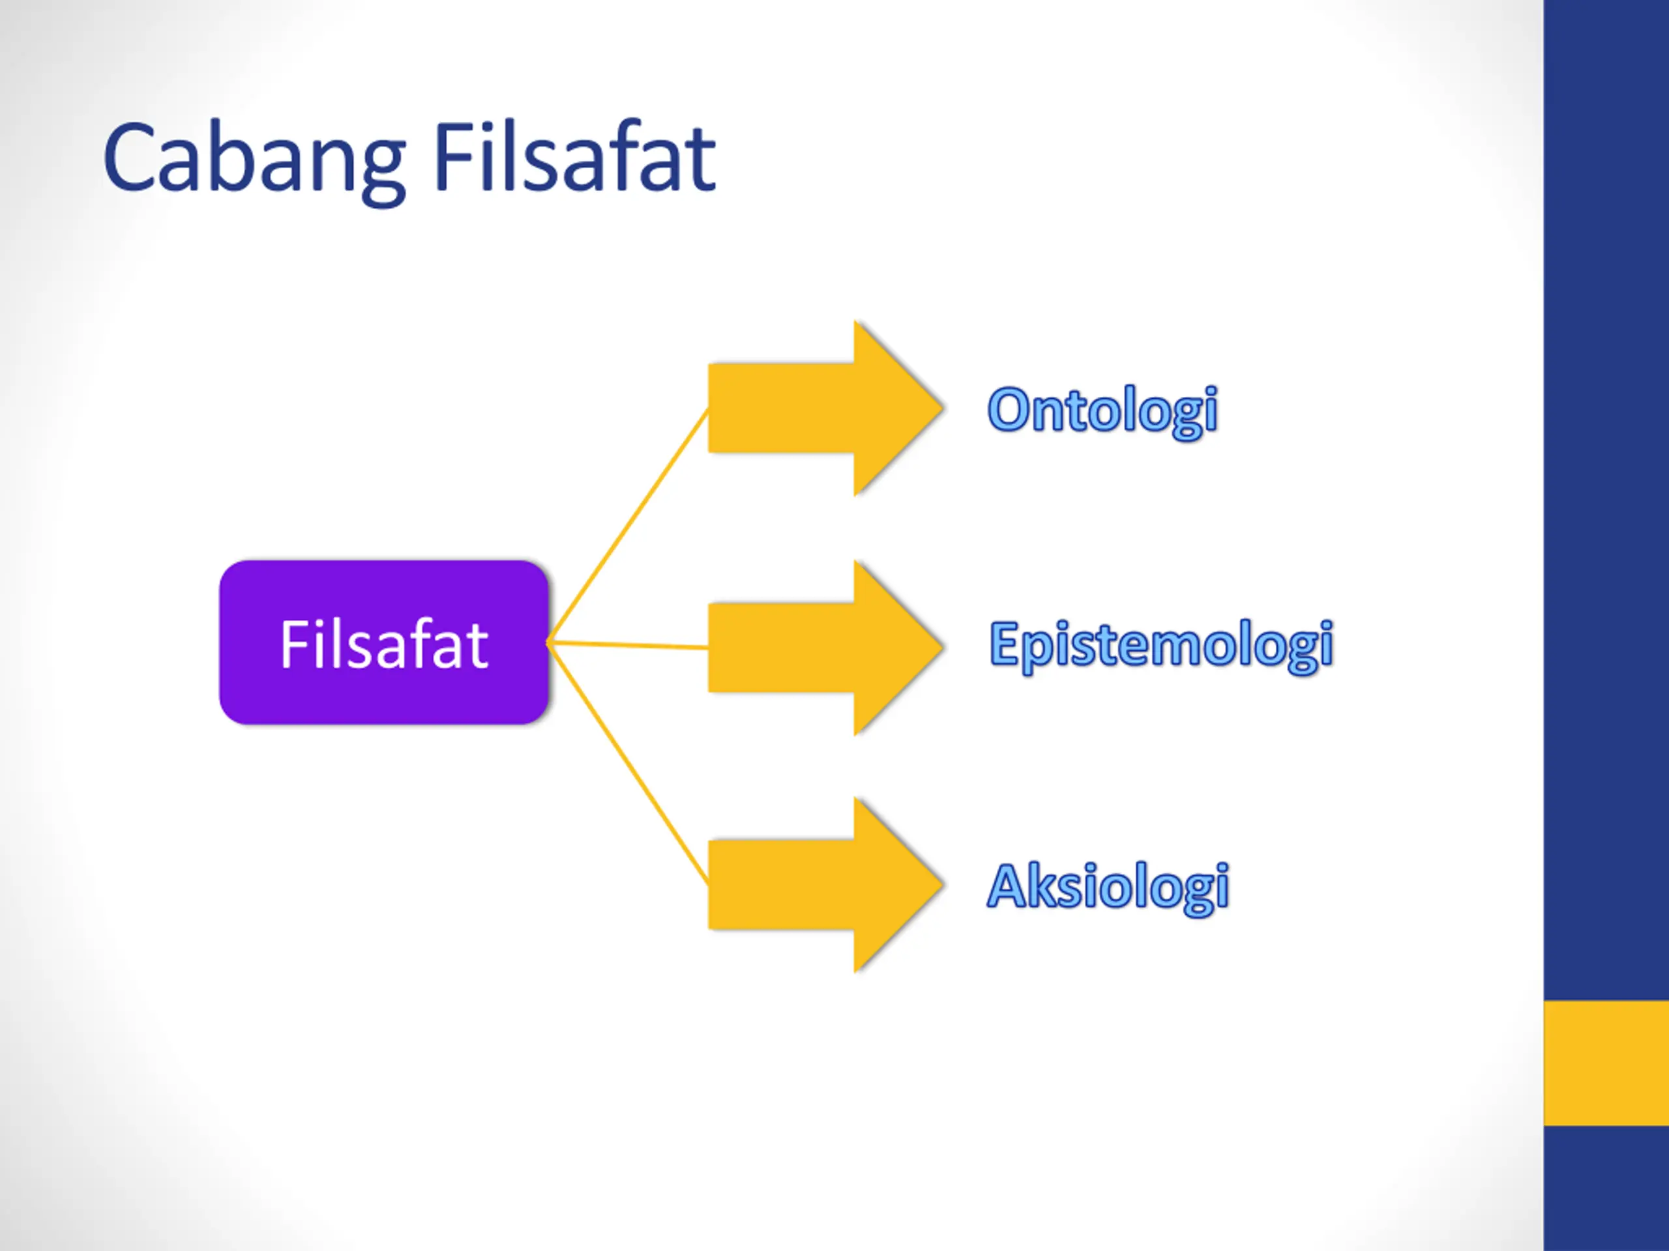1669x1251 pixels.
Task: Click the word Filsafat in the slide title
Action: click(x=574, y=158)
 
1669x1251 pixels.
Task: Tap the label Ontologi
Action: click(x=1102, y=410)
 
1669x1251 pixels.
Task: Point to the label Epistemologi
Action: click(x=1161, y=645)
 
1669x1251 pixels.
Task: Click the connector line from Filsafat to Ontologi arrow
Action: click(x=628, y=526)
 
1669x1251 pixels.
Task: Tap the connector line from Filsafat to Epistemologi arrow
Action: click(x=628, y=645)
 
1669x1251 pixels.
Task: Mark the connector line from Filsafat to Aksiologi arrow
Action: click(x=628, y=763)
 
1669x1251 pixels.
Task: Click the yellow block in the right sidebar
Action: click(x=1606, y=1063)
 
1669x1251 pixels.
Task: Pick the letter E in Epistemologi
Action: click(x=1003, y=645)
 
